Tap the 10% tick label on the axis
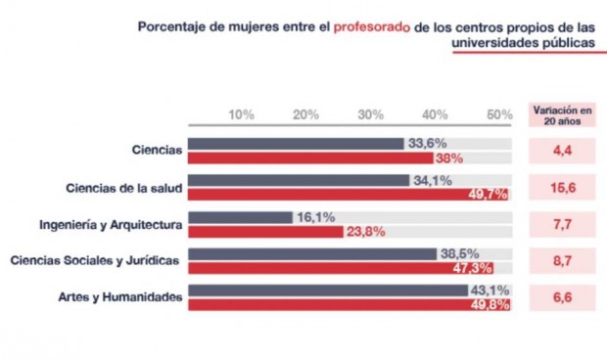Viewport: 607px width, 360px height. click(241, 114)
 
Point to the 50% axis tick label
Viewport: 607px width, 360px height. click(500, 114)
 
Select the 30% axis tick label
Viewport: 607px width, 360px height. click(370, 114)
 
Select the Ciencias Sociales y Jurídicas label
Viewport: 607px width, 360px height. click(95, 261)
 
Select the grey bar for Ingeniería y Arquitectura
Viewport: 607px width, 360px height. click(240, 217)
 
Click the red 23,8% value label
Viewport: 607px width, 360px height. click(366, 232)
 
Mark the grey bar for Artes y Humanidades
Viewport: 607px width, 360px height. click(328, 291)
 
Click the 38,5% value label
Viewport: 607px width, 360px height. click(459, 253)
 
